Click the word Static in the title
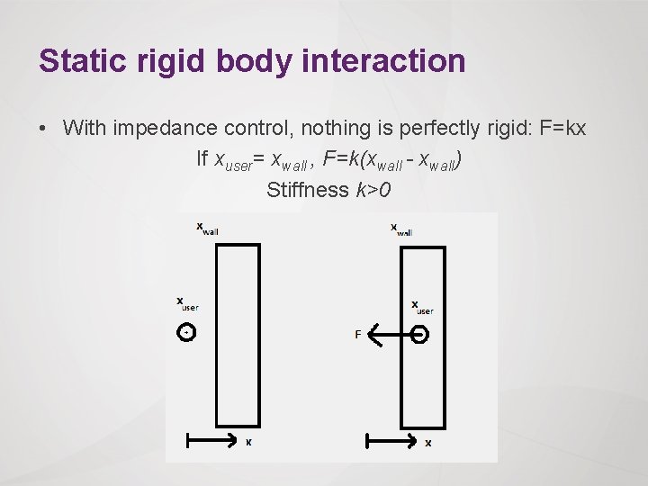pyautogui.click(x=80, y=61)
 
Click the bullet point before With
pyautogui.click(x=44, y=129)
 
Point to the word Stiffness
pyautogui.click(x=307, y=189)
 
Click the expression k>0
pyautogui.click(x=373, y=189)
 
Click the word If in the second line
pyautogui.click(x=202, y=159)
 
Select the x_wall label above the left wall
pyautogui.click(x=207, y=229)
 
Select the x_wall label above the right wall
pyautogui.click(x=401, y=229)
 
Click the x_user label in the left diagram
pyautogui.click(x=187, y=304)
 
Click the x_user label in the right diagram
pyautogui.click(x=422, y=307)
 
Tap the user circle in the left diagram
pyautogui.click(x=186, y=333)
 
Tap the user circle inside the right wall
pyautogui.click(x=419, y=335)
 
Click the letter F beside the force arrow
pyautogui.click(x=358, y=335)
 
